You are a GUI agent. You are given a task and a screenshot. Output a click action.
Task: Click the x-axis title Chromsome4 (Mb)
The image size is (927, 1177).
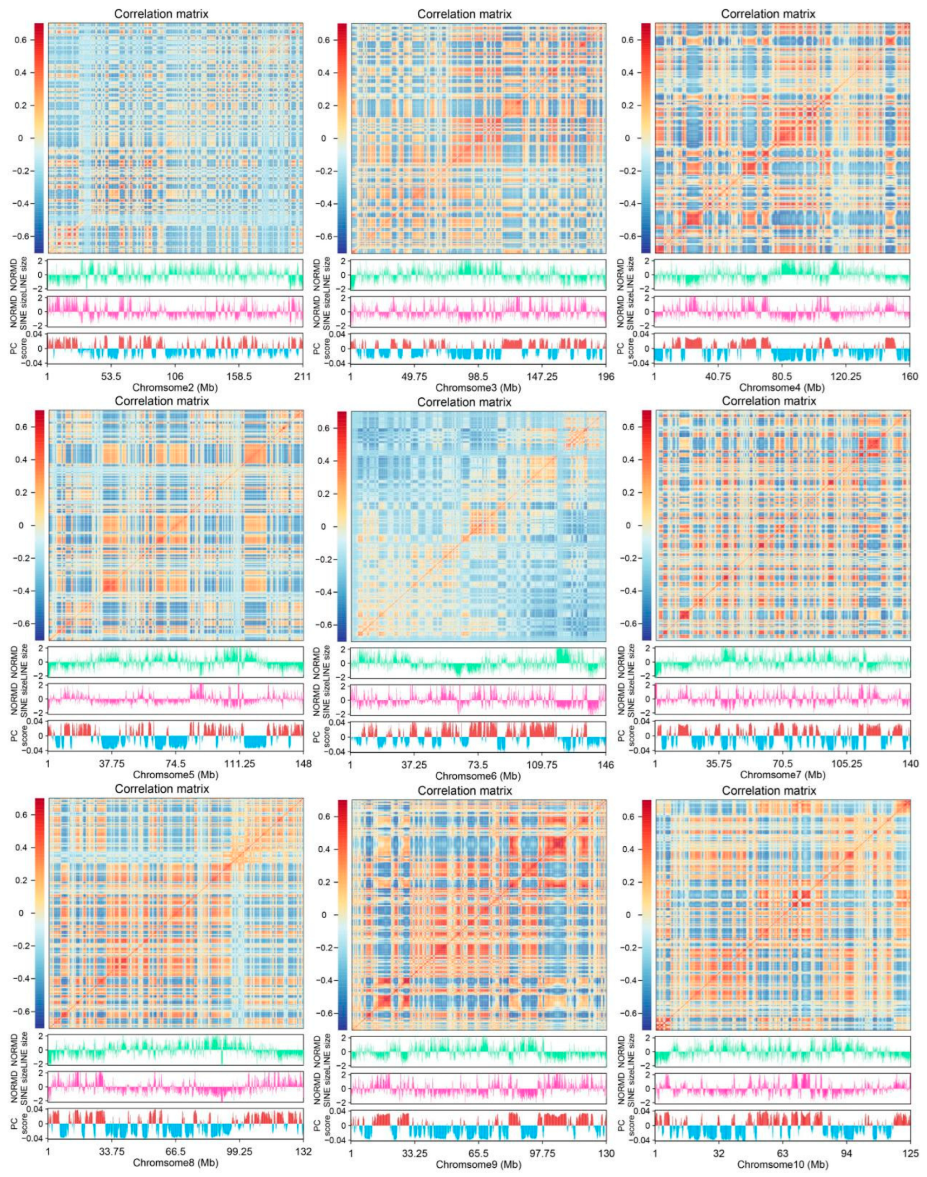782,388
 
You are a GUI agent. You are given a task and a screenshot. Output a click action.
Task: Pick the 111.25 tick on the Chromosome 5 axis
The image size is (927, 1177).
240,764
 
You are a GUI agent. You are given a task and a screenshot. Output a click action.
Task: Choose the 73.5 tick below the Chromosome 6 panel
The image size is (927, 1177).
478,765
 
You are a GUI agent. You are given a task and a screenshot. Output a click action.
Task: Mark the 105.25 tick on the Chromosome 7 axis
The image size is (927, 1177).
846,764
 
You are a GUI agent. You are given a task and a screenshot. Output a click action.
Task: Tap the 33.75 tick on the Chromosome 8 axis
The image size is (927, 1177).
112,1151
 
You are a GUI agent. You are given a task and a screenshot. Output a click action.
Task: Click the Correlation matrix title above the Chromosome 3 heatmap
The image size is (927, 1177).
464,14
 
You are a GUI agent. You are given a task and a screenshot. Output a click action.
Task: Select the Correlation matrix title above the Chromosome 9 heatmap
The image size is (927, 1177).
465,791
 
